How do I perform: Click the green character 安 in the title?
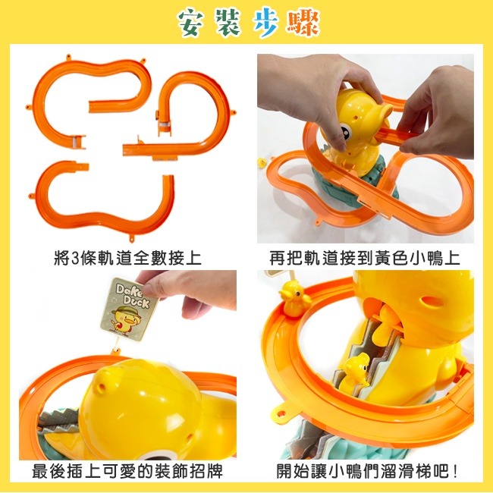190,24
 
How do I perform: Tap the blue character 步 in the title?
265,24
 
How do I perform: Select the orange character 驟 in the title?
303,24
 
